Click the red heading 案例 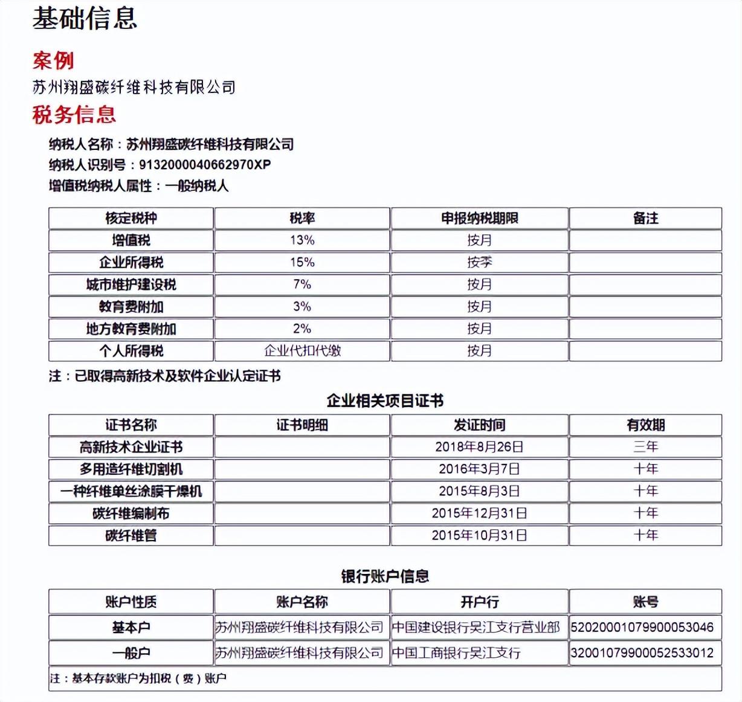coord(53,60)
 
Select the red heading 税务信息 coord(74,115)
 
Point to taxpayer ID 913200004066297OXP coord(204,164)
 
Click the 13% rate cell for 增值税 coord(302,240)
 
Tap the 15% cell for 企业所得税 coord(302,263)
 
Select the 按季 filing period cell coord(479,263)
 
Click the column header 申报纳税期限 coord(479,219)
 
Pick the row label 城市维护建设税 coord(131,285)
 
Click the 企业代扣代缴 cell coord(302,351)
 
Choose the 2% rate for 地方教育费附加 coord(302,329)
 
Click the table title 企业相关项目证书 coord(385,401)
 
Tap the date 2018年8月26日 coord(479,447)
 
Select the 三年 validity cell coord(645,447)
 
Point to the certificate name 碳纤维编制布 coord(131,514)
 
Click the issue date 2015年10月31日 coord(479,535)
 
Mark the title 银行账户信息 coord(385,576)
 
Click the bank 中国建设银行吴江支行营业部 coord(476,628)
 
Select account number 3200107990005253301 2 coord(642,653)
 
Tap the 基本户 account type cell coord(131,628)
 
